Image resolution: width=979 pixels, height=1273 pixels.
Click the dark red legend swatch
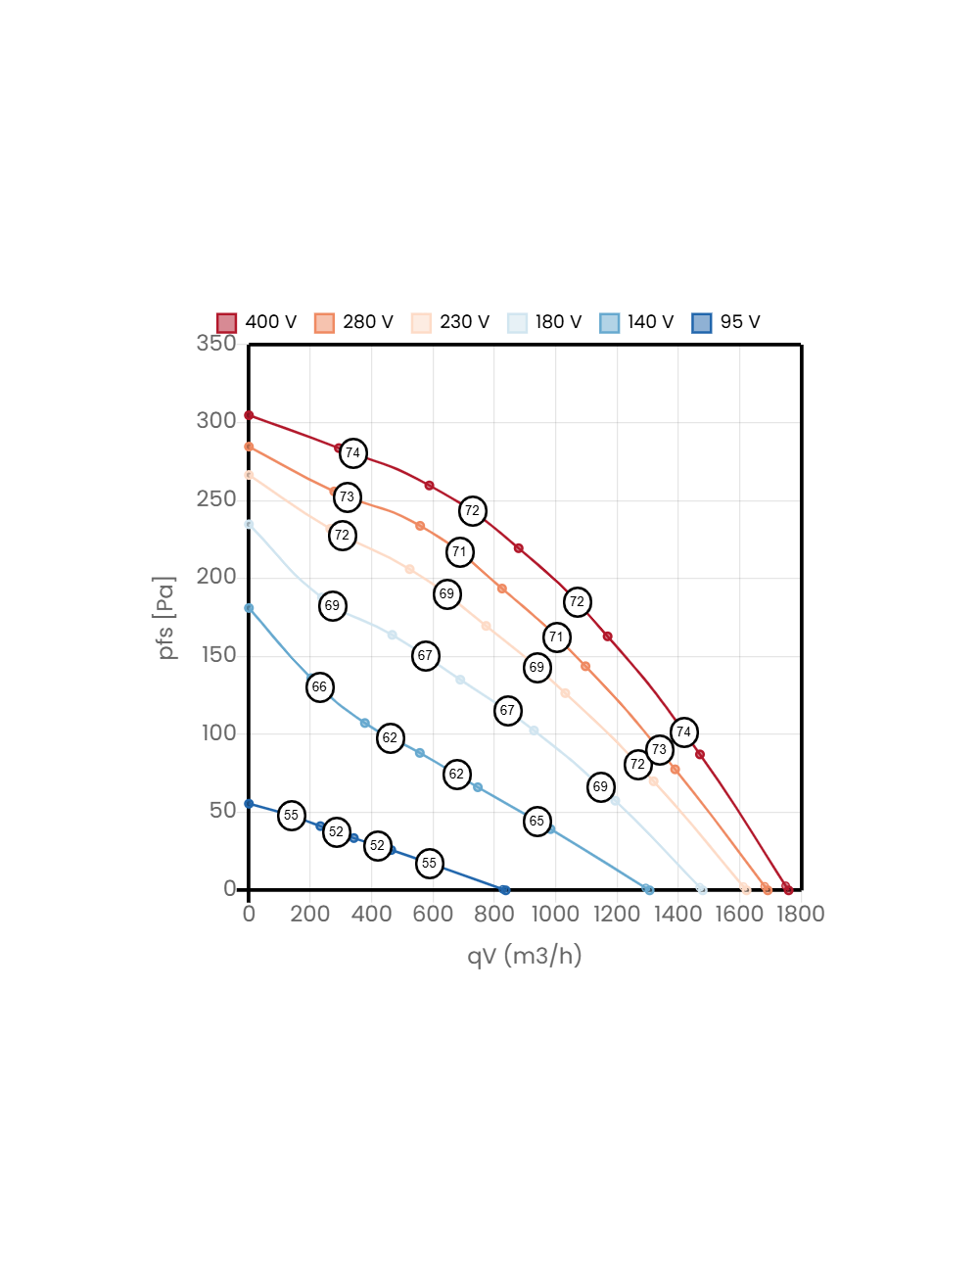(x=226, y=323)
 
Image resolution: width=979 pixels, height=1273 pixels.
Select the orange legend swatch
(x=324, y=323)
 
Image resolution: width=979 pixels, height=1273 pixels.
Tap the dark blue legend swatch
(x=701, y=323)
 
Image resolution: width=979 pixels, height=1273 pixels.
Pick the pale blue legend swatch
(x=517, y=323)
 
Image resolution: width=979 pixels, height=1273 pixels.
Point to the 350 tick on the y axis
(x=216, y=343)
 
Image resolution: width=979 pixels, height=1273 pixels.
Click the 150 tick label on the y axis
(x=218, y=654)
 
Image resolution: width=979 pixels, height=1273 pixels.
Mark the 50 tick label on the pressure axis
(x=222, y=810)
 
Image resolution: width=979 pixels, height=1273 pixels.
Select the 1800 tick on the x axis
(x=798, y=914)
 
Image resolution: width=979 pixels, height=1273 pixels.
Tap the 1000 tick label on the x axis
(x=555, y=914)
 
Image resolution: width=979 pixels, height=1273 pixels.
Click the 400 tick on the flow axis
(x=371, y=914)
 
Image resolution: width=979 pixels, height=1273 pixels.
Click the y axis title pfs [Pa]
(x=166, y=617)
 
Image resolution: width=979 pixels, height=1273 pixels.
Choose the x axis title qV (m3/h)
(x=525, y=956)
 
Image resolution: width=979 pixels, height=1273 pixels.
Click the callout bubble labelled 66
(x=319, y=687)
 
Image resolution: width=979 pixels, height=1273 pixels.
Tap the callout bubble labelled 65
(x=536, y=822)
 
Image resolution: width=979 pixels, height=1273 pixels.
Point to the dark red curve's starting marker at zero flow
(x=249, y=415)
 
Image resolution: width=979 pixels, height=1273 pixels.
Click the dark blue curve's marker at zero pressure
(x=504, y=890)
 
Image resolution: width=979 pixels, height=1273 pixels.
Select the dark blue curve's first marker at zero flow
(x=249, y=804)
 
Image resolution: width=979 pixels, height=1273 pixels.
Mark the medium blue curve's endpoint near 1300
(x=648, y=889)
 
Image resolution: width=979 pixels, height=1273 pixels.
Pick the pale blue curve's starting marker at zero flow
(x=249, y=524)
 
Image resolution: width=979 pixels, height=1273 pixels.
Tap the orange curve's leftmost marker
(x=249, y=447)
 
